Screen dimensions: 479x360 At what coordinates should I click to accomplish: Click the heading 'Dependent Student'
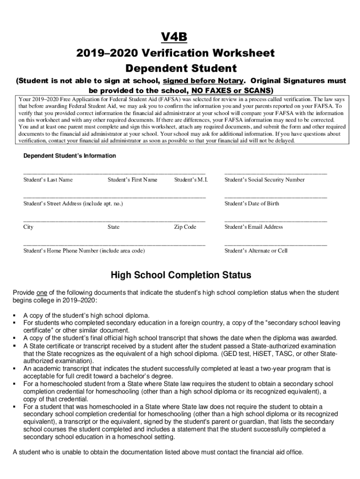pos(180,68)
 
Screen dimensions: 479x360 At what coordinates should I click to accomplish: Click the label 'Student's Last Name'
pos(48,180)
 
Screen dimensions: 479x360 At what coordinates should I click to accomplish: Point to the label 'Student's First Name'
pos(132,180)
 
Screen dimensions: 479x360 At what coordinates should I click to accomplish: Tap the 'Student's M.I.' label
pos(191,180)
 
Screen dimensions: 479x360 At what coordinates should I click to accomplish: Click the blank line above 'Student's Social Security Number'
pos(275,174)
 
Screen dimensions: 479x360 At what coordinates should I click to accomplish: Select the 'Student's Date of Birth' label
pos(252,203)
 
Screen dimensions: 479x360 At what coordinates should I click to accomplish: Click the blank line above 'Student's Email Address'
pos(275,221)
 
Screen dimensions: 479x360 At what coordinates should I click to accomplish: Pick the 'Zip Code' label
pos(185,227)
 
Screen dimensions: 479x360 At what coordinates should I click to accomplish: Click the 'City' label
pos(29,227)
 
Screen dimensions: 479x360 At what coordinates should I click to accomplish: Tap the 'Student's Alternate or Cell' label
pos(256,251)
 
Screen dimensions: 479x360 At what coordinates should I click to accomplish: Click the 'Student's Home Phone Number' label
pos(84,251)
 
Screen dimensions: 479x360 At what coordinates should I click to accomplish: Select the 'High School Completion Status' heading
pos(180,275)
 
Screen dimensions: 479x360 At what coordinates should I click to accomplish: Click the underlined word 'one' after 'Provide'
pos(42,293)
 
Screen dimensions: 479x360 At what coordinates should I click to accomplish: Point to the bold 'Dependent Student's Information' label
pos(70,156)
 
